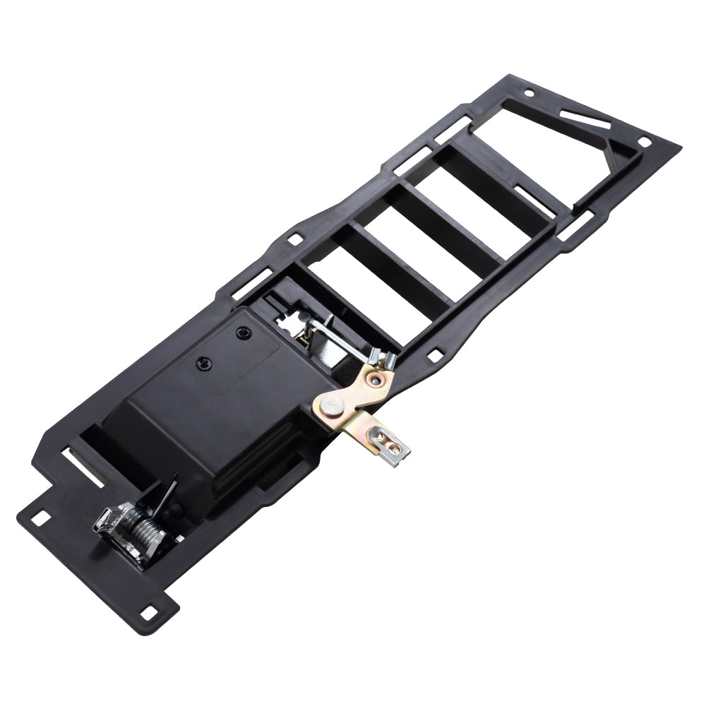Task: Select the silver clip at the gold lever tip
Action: [389, 443]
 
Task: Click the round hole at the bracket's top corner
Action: [529, 92]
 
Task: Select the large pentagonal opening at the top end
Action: [551, 141]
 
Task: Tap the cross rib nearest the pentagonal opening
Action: [494, 176]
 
